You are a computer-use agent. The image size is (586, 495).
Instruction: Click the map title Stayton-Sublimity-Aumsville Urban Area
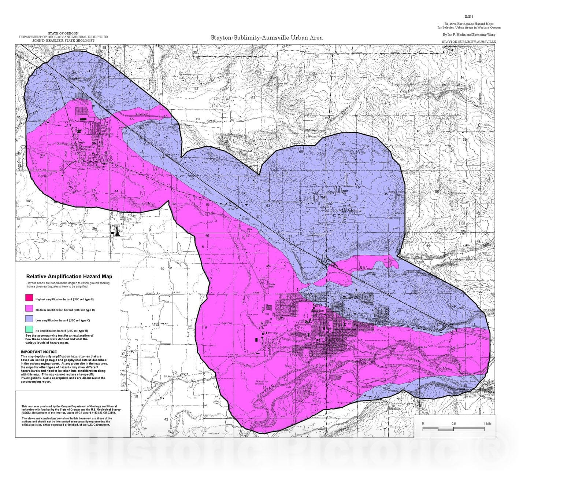[x=266, y=37]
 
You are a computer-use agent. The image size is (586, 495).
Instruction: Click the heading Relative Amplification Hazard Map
[x=69, y=276]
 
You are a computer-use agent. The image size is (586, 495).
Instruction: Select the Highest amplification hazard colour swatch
[x=29, y=298]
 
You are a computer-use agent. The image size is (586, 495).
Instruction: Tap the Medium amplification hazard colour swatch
[x=29, y=309]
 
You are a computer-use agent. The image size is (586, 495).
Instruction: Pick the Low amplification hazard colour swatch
[x=29, y=319]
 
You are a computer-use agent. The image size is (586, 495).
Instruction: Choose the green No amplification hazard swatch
[x=29, y=329]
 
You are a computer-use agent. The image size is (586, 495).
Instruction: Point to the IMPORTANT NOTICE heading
[x=39, y=352]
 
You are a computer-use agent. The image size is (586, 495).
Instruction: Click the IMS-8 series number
[x=468, y=16]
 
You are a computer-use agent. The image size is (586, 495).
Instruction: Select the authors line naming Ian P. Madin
[x=469, y=34]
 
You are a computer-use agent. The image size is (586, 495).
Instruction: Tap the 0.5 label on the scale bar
[x=453, y=423]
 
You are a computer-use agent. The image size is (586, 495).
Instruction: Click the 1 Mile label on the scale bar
[x=487, y=423]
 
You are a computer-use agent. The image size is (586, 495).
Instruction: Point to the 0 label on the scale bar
[x=423, y=423]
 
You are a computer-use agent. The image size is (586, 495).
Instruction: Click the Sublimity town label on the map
[x=353, y=210]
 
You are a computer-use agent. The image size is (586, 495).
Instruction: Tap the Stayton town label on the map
[x=317, y=310]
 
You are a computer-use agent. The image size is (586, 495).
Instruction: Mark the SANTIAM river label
[x=266, y=389]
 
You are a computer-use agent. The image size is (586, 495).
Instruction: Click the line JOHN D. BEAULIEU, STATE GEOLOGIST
[x=63, y=41]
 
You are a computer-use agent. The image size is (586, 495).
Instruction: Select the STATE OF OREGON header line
[x=63, y=33]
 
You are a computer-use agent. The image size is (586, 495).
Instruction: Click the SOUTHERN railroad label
[x=161, y=323]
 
